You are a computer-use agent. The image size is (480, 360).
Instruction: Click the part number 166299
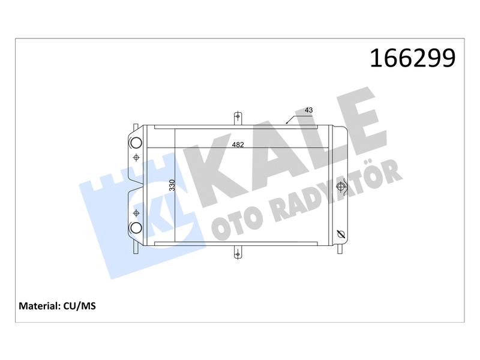(413, 58)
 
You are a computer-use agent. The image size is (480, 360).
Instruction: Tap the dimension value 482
(238, 145)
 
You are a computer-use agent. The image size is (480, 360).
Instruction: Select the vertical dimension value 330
(172, 185)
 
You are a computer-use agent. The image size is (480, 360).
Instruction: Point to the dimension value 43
(308, 110)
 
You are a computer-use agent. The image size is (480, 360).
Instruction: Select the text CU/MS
(80, 306)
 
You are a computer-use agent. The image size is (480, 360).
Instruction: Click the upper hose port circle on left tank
(136, 142)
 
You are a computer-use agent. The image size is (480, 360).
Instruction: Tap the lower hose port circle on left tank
(136, 227)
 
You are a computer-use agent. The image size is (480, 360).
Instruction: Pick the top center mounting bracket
(238, 118)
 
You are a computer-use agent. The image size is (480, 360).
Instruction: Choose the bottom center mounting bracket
(238, 252)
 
